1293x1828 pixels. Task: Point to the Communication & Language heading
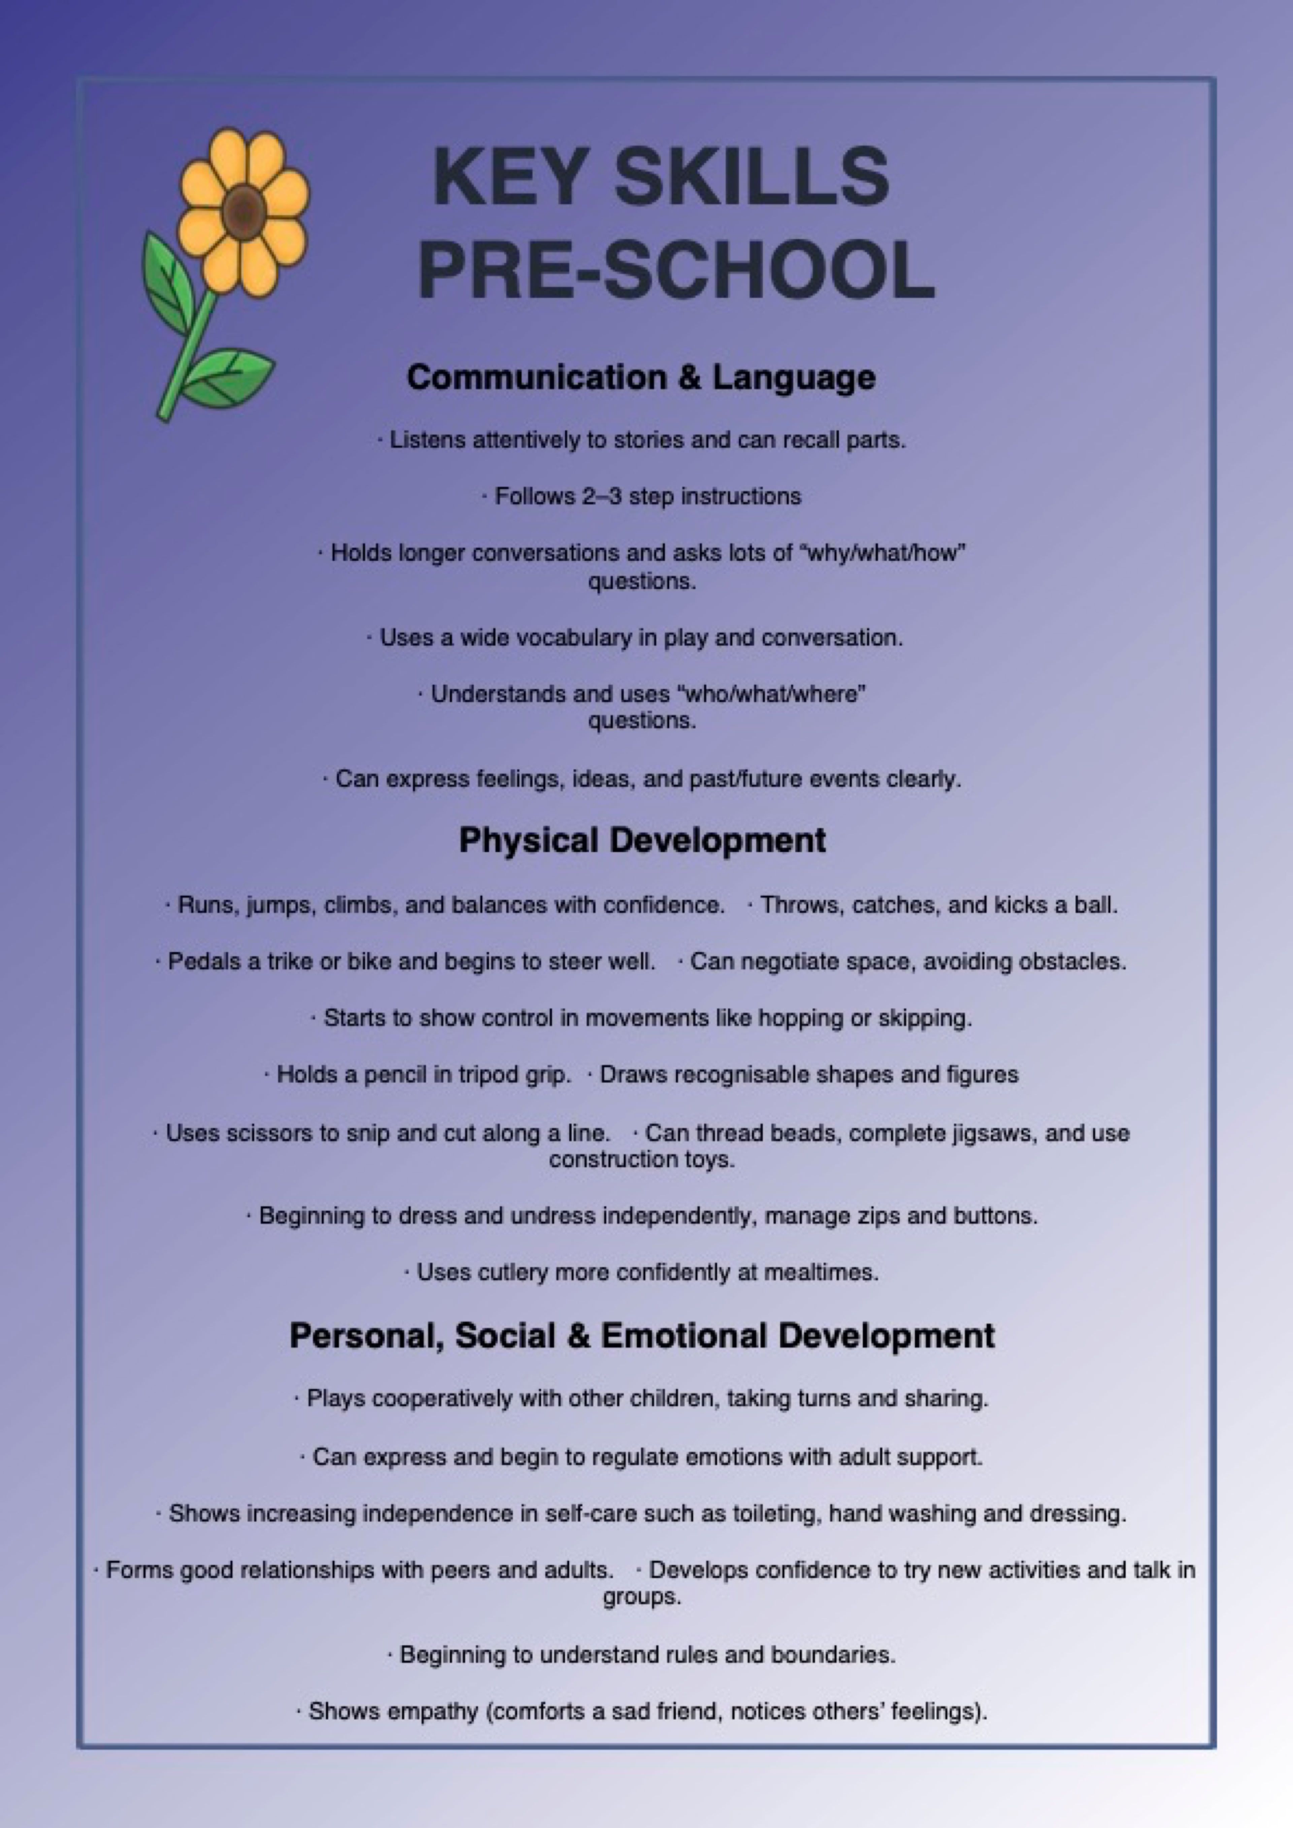641,378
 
